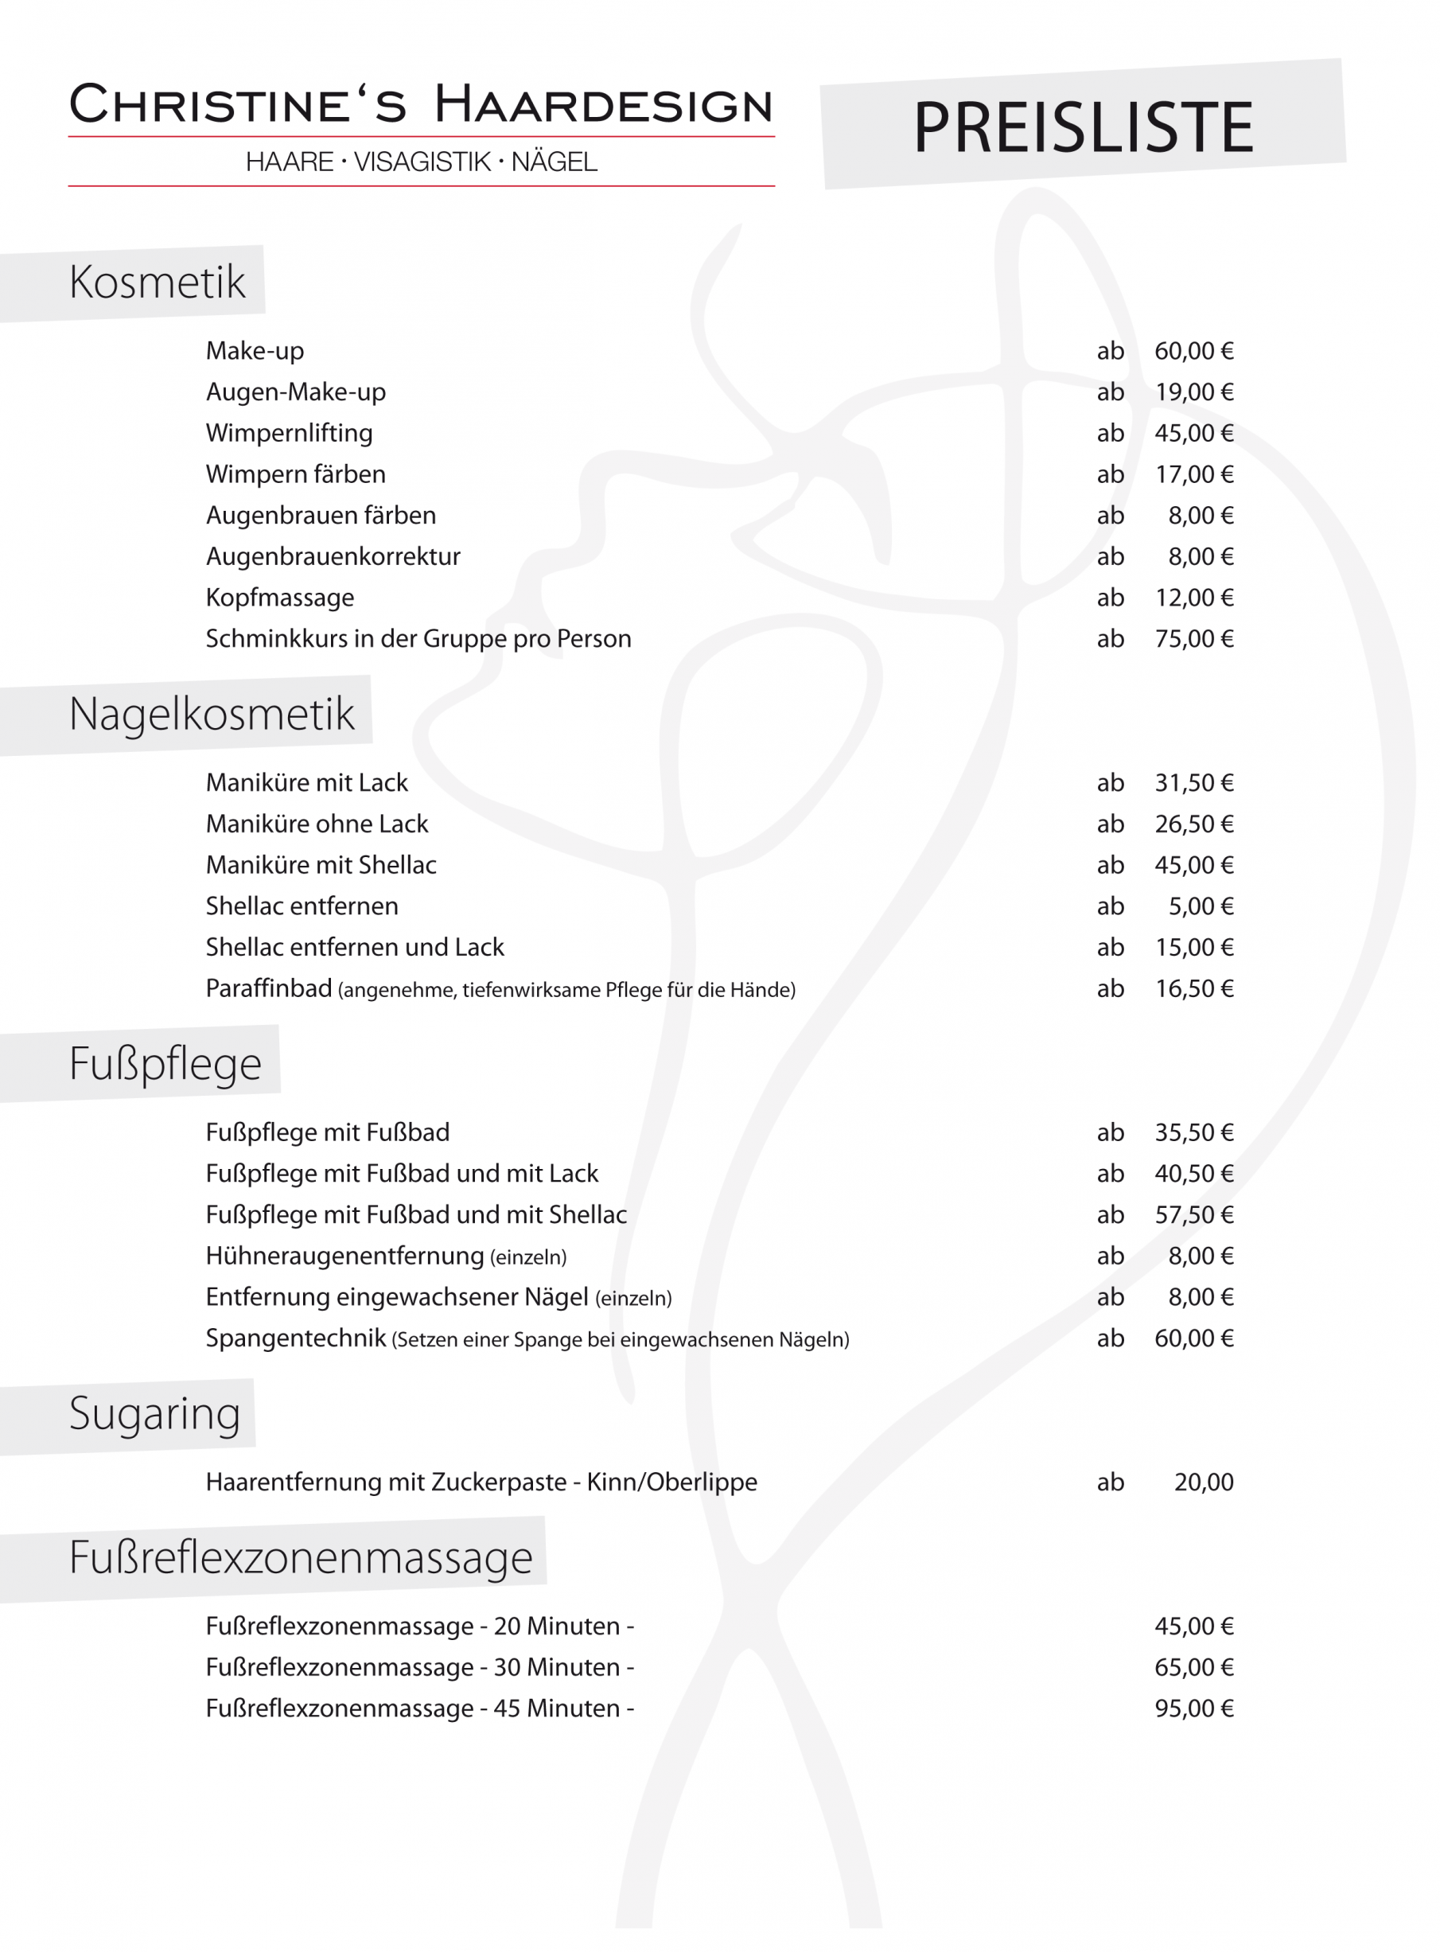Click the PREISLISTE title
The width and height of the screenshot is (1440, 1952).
tap(1083, 127)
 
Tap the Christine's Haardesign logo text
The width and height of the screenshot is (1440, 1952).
tap(421, 104)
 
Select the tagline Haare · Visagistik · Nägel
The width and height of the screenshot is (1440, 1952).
tap(421, 162)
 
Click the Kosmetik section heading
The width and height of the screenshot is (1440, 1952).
tap(157, 282)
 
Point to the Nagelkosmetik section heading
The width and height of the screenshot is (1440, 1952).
tap(212, 715)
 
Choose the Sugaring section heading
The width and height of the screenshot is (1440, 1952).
tap(154, 1413)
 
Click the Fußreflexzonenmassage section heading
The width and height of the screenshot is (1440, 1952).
tap(301, 1557)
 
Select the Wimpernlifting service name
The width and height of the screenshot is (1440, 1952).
tap(290, 434)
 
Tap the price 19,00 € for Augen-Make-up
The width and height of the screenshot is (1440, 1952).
tap(1193, 392)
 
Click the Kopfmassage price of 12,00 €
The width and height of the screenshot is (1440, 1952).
tap(1193, 598)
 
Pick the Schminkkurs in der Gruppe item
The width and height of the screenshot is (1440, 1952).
tap(418, 639)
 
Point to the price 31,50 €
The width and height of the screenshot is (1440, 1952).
tap(1193, 783)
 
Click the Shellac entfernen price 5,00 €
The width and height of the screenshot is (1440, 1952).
tap(1201, 906)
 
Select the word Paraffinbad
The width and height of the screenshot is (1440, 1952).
tap(268, 988)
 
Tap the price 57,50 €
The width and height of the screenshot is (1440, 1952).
tap(1193, 1215)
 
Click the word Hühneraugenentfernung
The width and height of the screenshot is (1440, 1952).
tap(344, 1257)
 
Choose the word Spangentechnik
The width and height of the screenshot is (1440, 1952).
tap(295, 1338)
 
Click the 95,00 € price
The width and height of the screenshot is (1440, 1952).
tap(1193, 1708)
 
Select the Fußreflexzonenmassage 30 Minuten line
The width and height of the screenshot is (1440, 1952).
tap(419, 1668)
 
